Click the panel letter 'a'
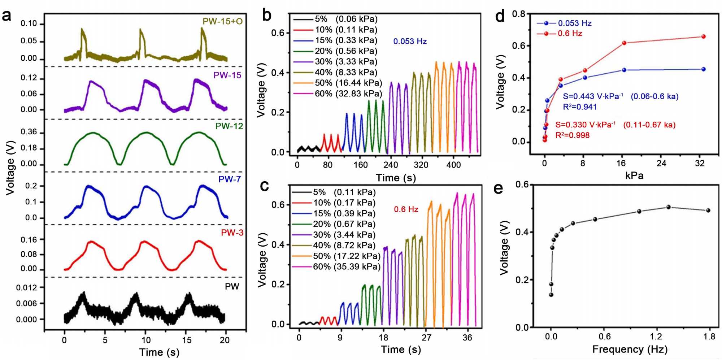(7, 16)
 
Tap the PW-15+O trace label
(222, 21)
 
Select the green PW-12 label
(229, 126)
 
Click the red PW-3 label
(232, 233)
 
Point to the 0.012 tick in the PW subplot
(26, 287)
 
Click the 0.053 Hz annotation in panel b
(410, 42)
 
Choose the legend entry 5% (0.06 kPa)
(346, 19)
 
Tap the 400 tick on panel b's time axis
(453, 165)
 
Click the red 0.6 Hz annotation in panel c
(406, 209)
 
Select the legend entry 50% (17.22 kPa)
(347, 256)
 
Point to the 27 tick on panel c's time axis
(426, 338)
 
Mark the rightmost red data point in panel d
(703, 36)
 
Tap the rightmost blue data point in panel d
(703, 69)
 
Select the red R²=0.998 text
(572, 135)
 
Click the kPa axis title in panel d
(634, 176)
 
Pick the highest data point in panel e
(668, 207)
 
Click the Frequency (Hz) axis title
(630, 349)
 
